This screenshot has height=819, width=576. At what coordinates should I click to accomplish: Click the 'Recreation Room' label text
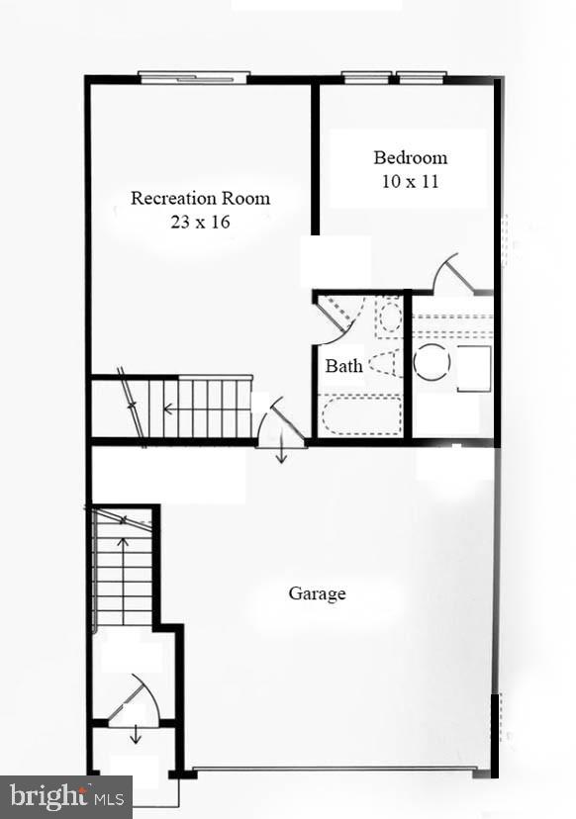tap(200, 198)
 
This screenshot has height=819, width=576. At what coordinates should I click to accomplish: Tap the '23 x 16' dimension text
tap(200, 222)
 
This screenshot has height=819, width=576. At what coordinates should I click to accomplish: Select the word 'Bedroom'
tap(410, 157)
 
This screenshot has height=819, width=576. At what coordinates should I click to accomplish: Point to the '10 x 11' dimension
tap(410, 181)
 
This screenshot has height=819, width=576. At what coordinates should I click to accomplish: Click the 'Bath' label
tap(343, 366)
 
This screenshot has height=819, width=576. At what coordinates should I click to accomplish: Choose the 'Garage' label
tap(317, 593)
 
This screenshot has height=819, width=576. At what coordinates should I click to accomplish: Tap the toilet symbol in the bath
tap(387, 363)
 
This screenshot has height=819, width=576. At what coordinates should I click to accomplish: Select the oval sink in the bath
tap(390, 318)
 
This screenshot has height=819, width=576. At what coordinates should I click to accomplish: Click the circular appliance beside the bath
tap(432, 362)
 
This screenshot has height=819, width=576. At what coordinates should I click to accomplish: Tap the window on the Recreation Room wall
tap(193, 76)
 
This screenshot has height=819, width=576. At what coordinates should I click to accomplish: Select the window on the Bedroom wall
tap(394, 76)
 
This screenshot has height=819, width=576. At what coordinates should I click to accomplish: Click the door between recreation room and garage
tap(280, 424)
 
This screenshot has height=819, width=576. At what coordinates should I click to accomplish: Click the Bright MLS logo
tap(65, 795)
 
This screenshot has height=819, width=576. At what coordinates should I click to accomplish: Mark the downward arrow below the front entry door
tap(137, 736)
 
